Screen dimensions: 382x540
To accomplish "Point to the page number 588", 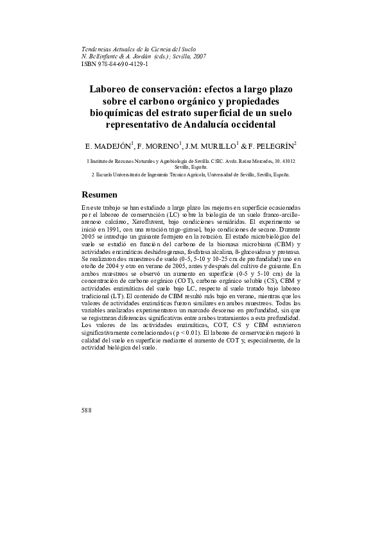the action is pos(87,409).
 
